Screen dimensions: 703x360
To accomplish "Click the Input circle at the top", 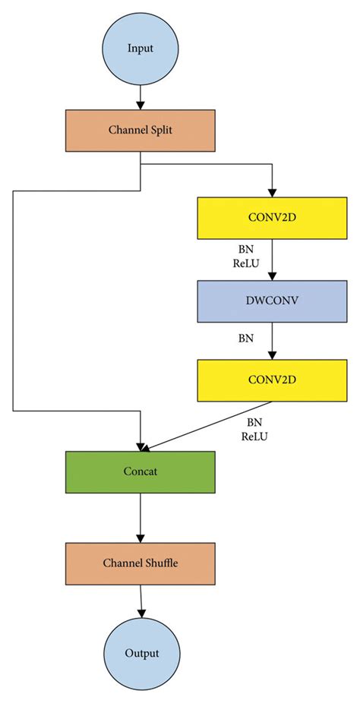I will click(x=141, y=49).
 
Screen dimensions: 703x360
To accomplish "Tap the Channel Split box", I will click(x=141, y=131).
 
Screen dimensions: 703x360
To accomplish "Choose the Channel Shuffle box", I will click(x=141, y=563).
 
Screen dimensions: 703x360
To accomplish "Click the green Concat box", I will click(x=141, y=471).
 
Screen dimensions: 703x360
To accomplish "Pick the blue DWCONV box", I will click(x=272, y=299).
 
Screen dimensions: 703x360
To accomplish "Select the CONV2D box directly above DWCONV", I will click(x=272, y=219).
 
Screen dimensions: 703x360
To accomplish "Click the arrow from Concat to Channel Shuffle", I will click(x=141, y=516).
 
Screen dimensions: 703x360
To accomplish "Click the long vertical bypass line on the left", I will click(x=13, y=304).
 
